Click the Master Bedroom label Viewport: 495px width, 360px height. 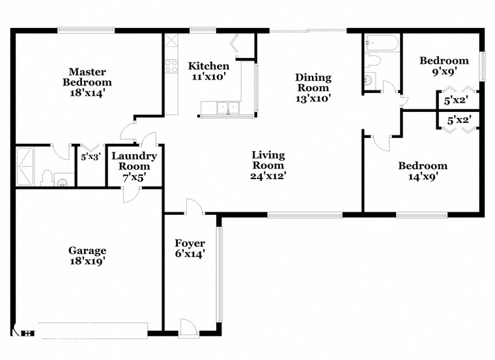click(87, 77)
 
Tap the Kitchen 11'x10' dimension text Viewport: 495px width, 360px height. click(208, 77)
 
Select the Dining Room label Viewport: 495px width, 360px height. click(313, 82)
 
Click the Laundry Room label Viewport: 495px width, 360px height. click(134, 161)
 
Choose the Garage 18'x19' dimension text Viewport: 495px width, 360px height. click(87, 261)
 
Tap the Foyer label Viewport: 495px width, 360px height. click(190, 243)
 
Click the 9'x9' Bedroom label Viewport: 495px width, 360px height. click(444, 61)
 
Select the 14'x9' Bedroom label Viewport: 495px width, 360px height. click(423, 165)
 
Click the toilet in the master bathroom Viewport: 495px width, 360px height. click(46, 178)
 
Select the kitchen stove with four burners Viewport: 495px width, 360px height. click(171, 65)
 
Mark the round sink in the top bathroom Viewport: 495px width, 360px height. click(369, 81)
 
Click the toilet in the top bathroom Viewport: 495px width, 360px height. click(372, 62)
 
